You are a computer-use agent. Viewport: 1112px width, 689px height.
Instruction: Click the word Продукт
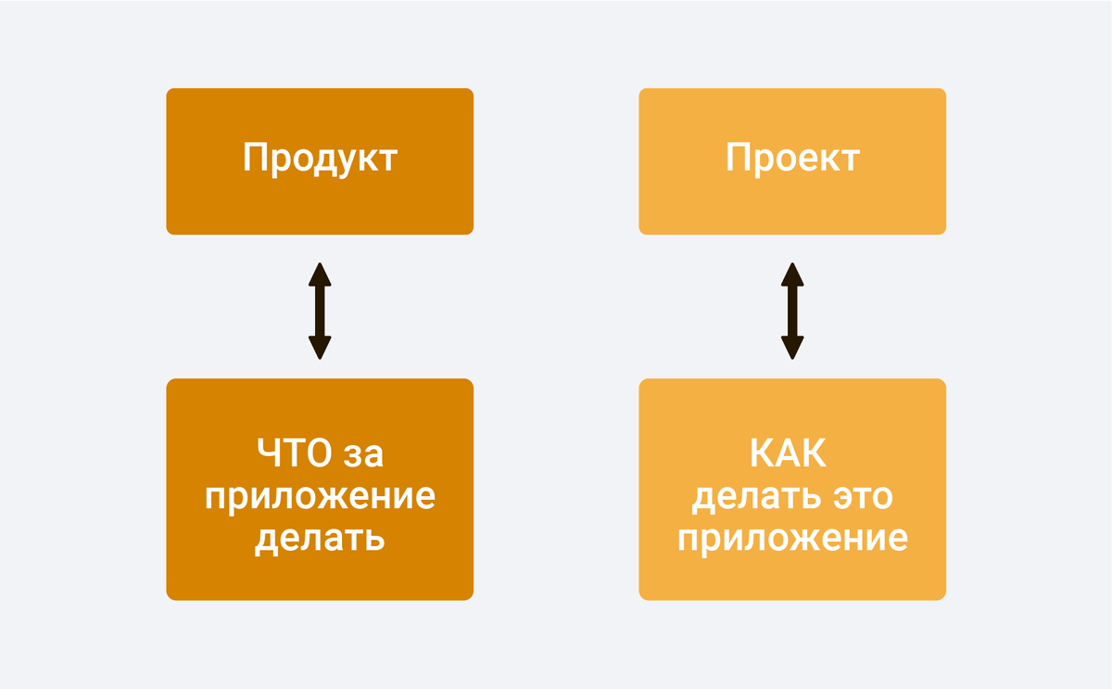click(320, 159)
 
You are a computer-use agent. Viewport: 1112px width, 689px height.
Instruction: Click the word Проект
click(792, 159)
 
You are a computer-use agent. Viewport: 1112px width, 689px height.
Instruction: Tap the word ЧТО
click(294, 454)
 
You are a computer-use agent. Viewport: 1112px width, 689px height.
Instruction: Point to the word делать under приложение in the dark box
click(320, 538)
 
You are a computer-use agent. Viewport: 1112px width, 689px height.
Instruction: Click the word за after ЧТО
click(363, 454)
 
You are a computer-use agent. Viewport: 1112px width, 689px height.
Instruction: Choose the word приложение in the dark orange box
click(320, 497)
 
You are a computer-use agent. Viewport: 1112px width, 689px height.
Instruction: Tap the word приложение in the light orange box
click(792, 538)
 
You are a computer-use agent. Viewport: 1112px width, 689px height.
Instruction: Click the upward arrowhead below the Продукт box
click(320, 274)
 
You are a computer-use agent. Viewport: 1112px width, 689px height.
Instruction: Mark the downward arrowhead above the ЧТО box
click(320, 348)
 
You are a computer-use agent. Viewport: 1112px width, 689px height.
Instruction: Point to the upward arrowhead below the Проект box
click(791, 274)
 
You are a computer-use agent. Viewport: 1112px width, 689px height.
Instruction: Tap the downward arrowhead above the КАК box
click(791, 348)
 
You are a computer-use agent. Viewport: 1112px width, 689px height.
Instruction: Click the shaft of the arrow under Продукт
click(320, 311)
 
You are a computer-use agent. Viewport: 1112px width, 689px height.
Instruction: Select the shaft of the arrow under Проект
click(791, 311)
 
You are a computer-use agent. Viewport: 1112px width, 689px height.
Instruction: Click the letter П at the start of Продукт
click(255, 159)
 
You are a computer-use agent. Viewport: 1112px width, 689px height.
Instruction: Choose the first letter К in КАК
click(762, 454)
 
